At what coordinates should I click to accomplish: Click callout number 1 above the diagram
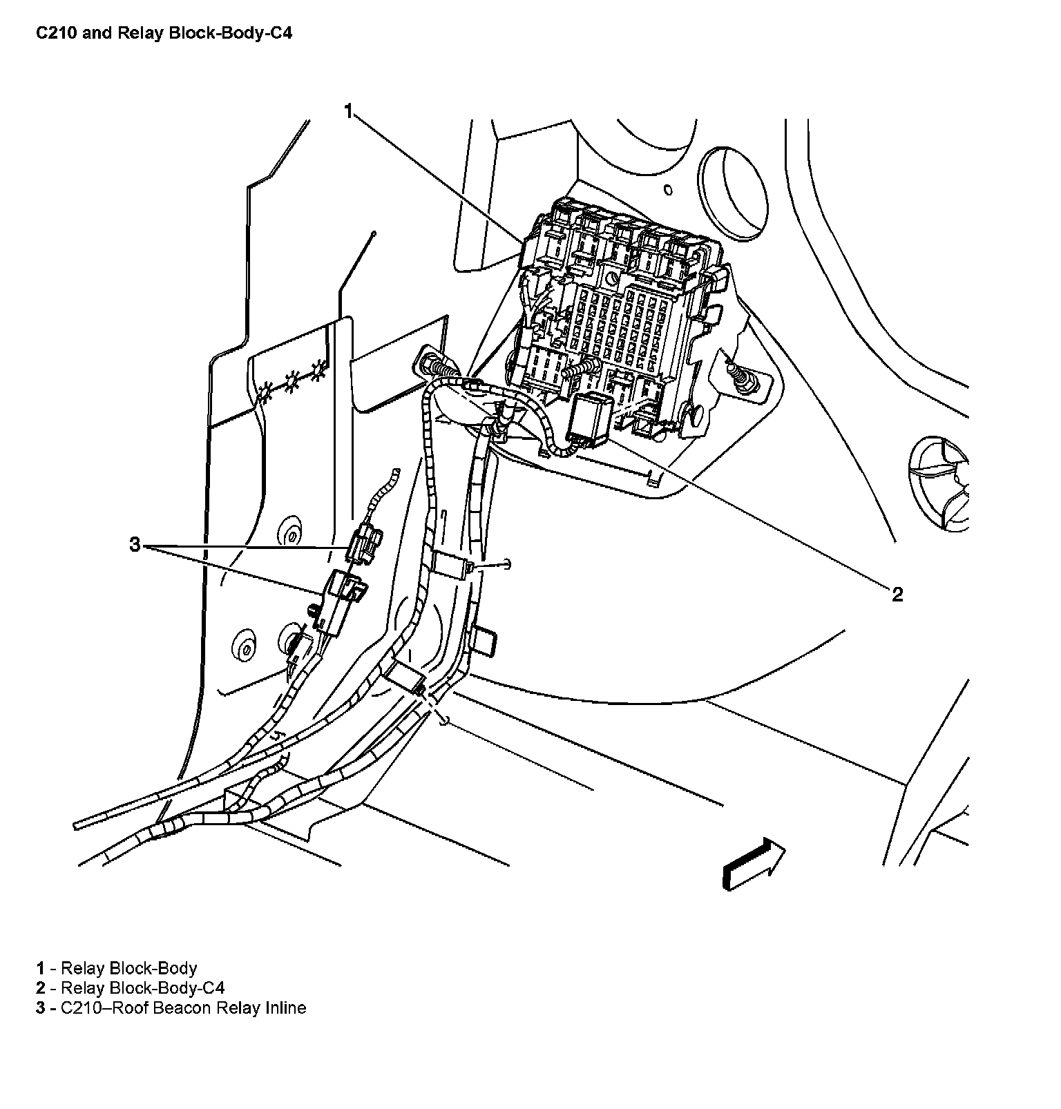350,111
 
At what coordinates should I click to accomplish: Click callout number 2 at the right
897,595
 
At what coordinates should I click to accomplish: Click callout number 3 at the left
135,546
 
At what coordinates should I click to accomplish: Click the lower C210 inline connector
342,597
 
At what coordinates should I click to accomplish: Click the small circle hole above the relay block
667,189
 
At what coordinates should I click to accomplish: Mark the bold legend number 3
41,1007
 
